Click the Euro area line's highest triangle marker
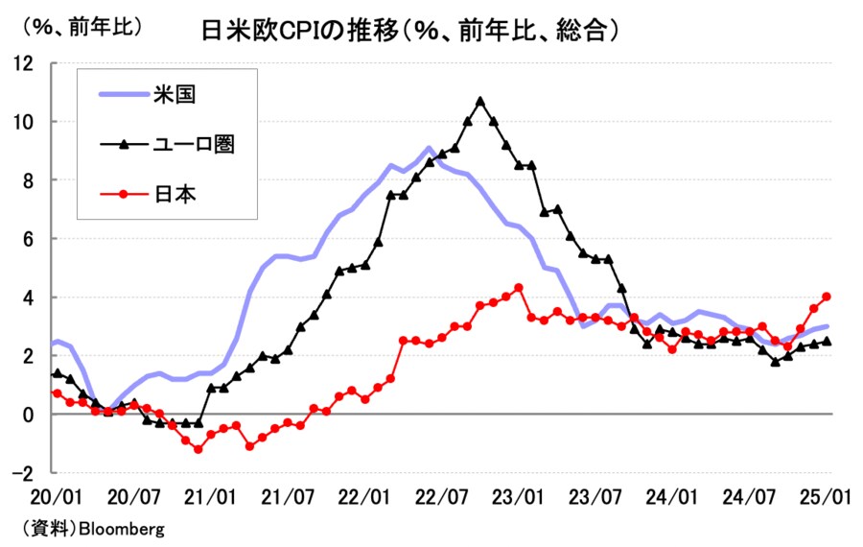click(480, 101)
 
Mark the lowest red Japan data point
click(198, 449)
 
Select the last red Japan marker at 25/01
click(827, 297)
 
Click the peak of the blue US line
click(429, 149)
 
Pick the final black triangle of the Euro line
click(827, 341)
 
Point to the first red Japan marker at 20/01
click(57, 393)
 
